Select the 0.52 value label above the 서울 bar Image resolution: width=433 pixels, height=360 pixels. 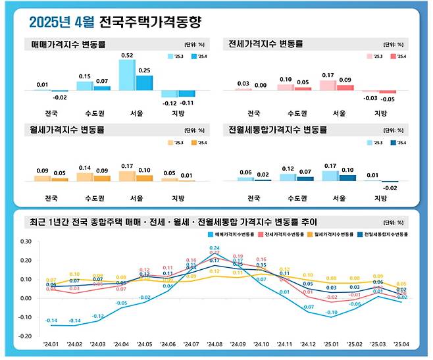[128, 55]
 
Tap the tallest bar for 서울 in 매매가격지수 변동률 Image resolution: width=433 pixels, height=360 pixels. [127, 75]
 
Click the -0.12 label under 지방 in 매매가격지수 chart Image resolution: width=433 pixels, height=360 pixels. [170, 103]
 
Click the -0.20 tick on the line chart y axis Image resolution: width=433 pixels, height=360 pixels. [24, 336]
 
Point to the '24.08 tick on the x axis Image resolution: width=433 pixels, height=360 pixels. [215, 344]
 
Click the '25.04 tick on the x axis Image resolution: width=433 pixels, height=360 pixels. [400, 344]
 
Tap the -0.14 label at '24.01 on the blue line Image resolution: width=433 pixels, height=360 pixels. [51, 321]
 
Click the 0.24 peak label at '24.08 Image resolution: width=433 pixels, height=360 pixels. [215, 248]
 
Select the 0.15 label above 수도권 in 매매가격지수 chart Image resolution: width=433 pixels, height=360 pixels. [84, 76]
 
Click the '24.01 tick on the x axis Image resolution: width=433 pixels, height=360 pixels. [51, 344]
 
